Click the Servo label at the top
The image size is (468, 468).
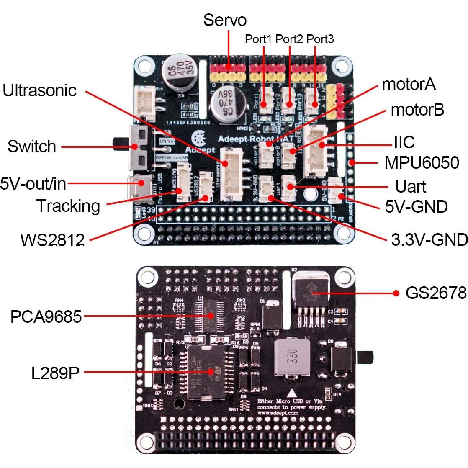point(225,20)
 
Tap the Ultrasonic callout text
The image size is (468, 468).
point(40,90)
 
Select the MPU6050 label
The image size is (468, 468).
point(422,162)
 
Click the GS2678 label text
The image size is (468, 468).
point(436,293)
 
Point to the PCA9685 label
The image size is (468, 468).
point(46,316)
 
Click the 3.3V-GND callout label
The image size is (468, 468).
point(429,239)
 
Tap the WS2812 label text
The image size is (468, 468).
point(52,240)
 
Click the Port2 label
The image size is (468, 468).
point(289,39)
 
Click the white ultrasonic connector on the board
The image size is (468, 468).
point(230,176)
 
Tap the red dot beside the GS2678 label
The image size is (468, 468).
point(396,293)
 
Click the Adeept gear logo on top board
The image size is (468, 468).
point(198,138)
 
